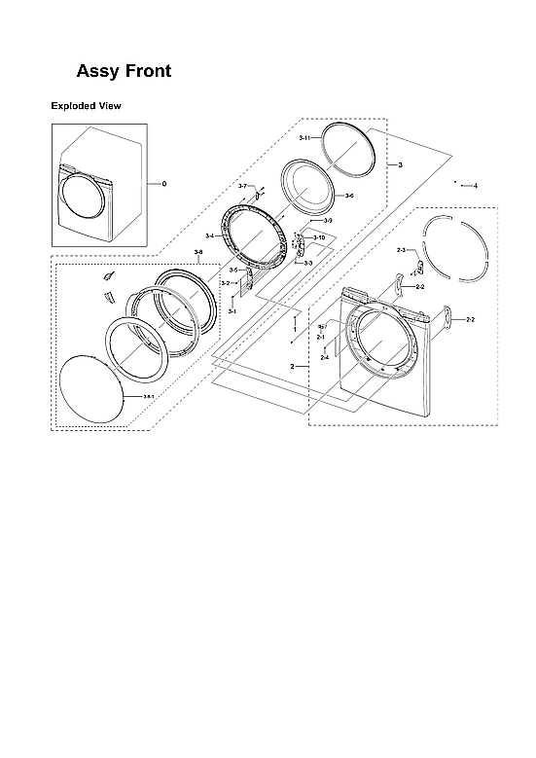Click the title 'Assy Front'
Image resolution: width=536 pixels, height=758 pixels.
(124, 71)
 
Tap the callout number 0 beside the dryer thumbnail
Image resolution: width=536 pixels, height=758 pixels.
(164, 183)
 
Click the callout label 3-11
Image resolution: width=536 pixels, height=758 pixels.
(304, 139)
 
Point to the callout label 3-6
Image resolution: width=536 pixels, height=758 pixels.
(348, 196)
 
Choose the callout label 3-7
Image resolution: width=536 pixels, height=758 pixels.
(242, 186)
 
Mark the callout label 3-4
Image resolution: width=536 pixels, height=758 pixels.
(210, 236)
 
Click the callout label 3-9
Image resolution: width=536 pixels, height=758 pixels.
(328, 221)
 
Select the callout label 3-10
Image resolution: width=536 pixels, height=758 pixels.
(319, 237)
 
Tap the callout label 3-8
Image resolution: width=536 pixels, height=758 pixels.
(198, 253)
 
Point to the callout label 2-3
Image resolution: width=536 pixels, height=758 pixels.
(401, 250)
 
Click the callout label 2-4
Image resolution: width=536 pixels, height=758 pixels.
(325, 358)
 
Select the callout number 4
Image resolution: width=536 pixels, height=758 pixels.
(475, 185)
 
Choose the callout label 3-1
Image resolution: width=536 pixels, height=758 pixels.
(232, 310)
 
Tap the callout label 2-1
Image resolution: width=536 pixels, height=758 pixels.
(320, 337)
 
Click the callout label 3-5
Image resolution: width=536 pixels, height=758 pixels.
(233, 270)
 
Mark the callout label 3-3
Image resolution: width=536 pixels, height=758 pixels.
(308, 263)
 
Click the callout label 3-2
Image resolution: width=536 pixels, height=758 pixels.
(225, 283)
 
